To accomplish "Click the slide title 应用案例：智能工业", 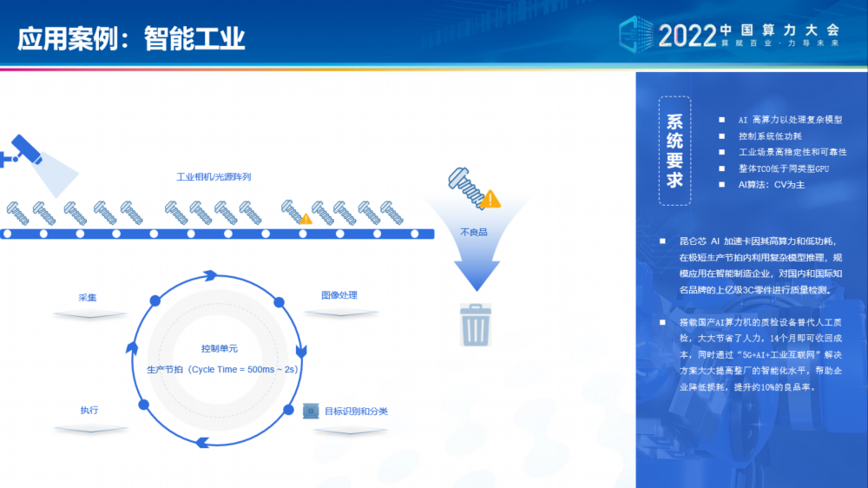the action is pyautogui.click(x=131, y=39).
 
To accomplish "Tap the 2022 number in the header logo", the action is pyautogui.click(x=687, y=36).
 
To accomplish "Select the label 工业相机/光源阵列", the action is pyautogui.click(x=214, y=176).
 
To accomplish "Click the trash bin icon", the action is pyautogui.click(x=476, y=325).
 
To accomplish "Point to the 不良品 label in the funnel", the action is pyautogui.click(x=474, y=232).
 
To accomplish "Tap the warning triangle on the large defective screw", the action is pyautogui.click(x=490, y=199).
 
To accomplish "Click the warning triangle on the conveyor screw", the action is pyautogui.click(x=306, y=219).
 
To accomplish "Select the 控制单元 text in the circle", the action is pyautogui.click(x=220, y=348).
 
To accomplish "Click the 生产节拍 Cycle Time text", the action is pyautogui.click(x=222, y=369).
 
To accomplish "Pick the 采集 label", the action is pyautogui.click(x=88, y=298).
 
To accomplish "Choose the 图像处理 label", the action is pyautogui.click(x=339, y=295).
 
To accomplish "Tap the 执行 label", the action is pyautogui.click(x=89, y=410).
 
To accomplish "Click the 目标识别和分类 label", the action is pyautogui.click(x=356, y=411).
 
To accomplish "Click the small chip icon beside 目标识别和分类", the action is pyautogui.click(x=311, y=411).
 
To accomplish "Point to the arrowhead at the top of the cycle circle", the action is pyautogui.click(x=210, y=275).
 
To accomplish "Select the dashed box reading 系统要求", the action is pyautogui.click(x=674, y=151).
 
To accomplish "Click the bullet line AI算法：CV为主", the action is pyautogui.click(x=771, y=184).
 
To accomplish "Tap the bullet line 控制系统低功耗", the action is pyautogui.click(x=770, y=135).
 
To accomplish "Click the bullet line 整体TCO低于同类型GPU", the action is pyautogui.click(x=783, y=168).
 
